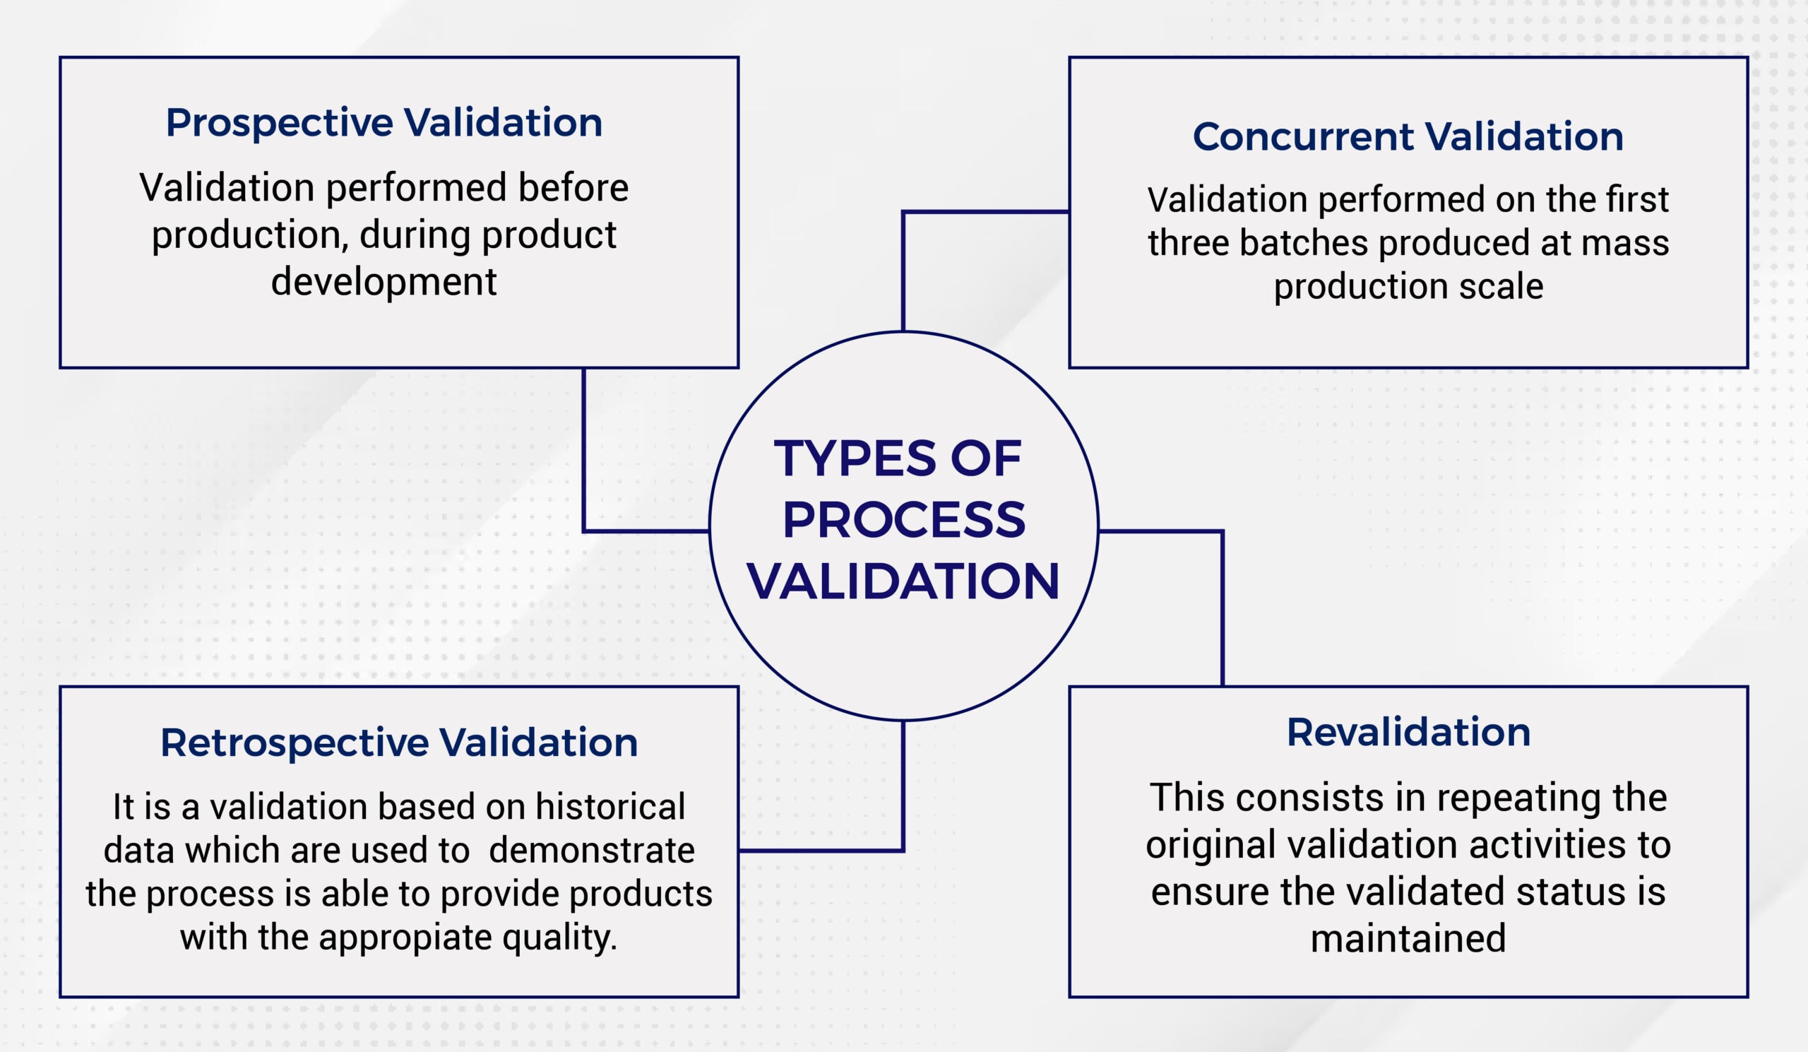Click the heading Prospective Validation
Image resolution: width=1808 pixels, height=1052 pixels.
pyautogui.click(x=383, y=123)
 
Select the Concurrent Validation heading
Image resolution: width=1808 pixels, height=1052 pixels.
pyautogui.click(x=1408, y=136)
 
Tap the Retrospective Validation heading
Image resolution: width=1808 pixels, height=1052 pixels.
pyautogui.click(x=399, y=743)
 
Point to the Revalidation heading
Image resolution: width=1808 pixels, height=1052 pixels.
pyautogui.click(x=1408, y=733)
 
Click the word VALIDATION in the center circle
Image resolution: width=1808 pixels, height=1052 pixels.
pyautogui.click(x=903, y=581)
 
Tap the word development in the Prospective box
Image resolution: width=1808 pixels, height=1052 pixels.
pyautogui.click(x=383, y=281)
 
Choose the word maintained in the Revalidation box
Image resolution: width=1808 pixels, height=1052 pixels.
pyautogui.click(x=1408, y=939)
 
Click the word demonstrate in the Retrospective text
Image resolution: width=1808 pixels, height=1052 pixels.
pyautogui.click(x=591, y=851)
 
